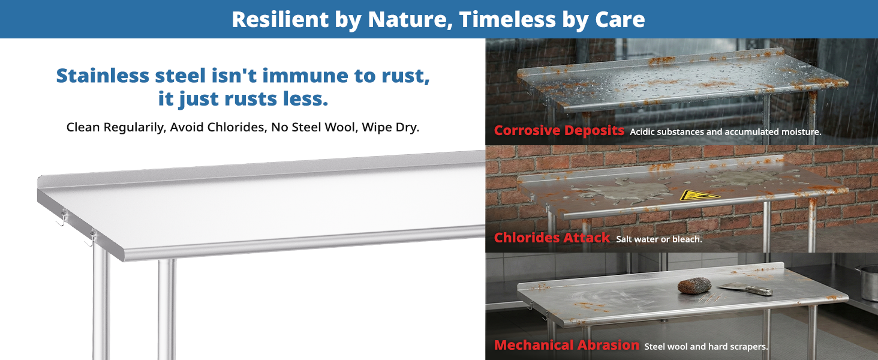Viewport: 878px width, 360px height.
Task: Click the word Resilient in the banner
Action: [280, 19]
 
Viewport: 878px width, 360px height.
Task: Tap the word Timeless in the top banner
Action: [507, 19]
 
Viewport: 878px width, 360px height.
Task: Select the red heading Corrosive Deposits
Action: [559, 131]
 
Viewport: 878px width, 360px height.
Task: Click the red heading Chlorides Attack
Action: [552, 238]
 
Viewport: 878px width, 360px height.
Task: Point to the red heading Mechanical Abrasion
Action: [566, 345]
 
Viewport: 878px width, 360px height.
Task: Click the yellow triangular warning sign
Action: [699, 195]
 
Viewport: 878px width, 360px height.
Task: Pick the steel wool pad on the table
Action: [694, 286]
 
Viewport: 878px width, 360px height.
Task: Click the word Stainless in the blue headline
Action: [103, 75]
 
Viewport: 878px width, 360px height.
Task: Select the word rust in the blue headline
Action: [405, 76]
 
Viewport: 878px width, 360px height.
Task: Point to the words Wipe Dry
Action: [390, 127]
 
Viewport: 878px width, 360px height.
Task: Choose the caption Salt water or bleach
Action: [659, 239]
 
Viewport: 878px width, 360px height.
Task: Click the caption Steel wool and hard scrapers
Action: [706, 347]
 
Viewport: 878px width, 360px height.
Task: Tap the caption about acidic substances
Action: [726, 132]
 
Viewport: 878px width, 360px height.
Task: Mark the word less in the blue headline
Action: [305, 99]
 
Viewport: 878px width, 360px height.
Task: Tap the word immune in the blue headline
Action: [305, 75]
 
